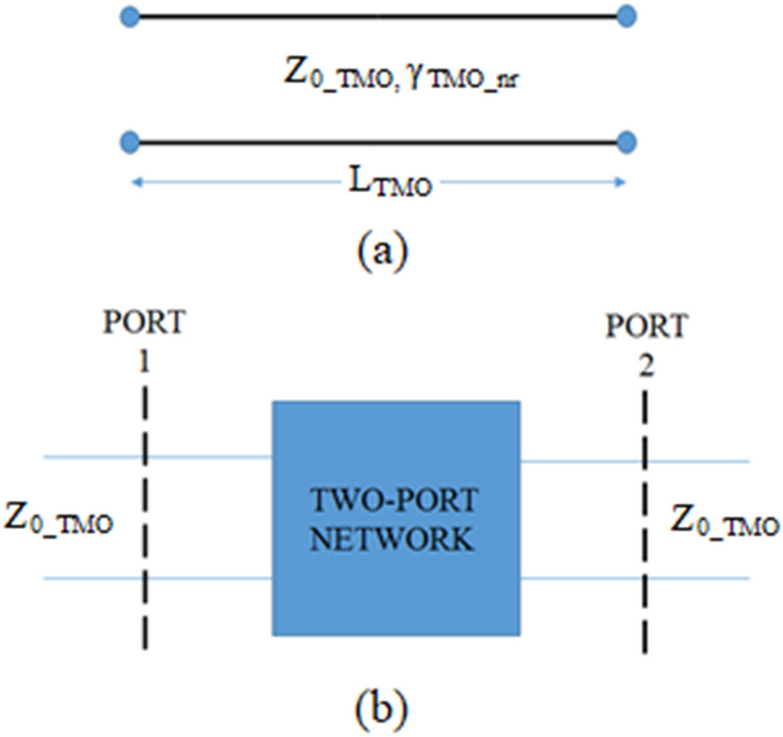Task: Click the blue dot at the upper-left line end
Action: (133, 16)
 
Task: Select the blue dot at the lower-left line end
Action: (133, 143)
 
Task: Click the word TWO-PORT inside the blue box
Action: (396, 501)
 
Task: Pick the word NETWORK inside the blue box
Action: (396, 541)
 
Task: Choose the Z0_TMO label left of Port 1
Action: (60, 519)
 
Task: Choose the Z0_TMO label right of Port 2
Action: (726, 519)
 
